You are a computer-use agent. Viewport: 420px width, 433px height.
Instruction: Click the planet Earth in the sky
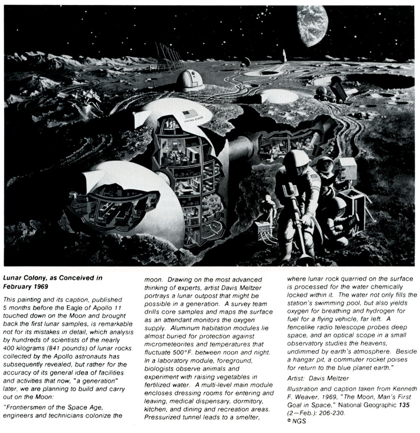coord(311,25)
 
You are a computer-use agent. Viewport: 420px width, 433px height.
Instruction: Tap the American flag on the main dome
coord(189,114)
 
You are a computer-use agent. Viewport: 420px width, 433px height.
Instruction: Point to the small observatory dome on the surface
coord(190,80)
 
